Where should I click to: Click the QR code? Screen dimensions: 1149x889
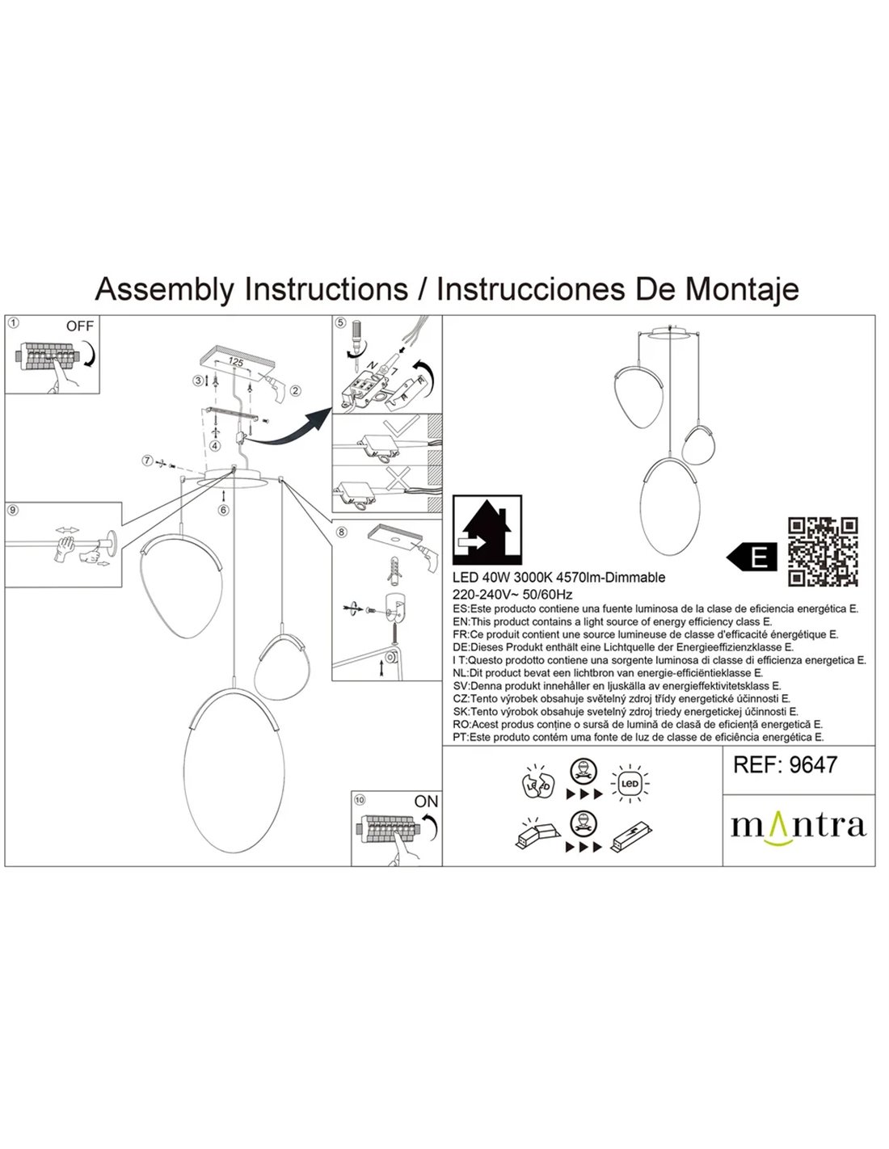point(823,551)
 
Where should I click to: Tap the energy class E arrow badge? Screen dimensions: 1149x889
point(752,557)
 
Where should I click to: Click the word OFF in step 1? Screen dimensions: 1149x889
point(80,326)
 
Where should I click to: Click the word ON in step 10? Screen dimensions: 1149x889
point(425,802)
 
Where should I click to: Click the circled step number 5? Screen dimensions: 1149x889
point(340,323)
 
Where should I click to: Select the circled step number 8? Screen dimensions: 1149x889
point(341,532)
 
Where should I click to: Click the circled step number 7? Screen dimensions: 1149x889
point(146,461)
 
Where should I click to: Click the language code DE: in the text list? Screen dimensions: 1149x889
point(461,647)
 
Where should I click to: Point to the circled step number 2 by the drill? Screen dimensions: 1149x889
point(296,391)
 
